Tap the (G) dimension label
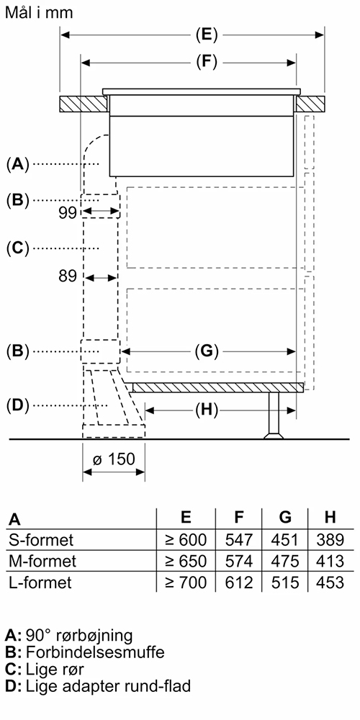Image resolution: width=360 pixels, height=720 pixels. [x=207, y=352]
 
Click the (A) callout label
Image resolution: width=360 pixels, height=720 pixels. [x=18, y=163]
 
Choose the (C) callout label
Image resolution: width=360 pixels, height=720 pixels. [x=18, y=248]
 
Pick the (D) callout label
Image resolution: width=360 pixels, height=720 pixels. [x=18, y=405]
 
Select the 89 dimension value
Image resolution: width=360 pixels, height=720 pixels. [x=68, y=276]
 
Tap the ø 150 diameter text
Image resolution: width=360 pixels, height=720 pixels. [x=114, y=459]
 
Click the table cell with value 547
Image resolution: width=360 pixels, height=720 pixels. [x=239, y=539]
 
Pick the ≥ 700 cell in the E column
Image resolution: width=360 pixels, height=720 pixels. [x=186, y=582]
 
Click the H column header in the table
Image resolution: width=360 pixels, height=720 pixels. [x=330, y=518]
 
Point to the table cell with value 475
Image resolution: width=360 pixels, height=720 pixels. [x=285, y=561]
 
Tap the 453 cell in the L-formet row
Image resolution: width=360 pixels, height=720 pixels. [x=330, y=582]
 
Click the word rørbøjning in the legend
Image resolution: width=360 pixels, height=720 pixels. [x=97, y=636]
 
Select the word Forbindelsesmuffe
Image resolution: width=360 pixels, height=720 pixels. [x=95, y=652]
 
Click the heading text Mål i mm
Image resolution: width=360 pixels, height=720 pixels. [x=39, y=12]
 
